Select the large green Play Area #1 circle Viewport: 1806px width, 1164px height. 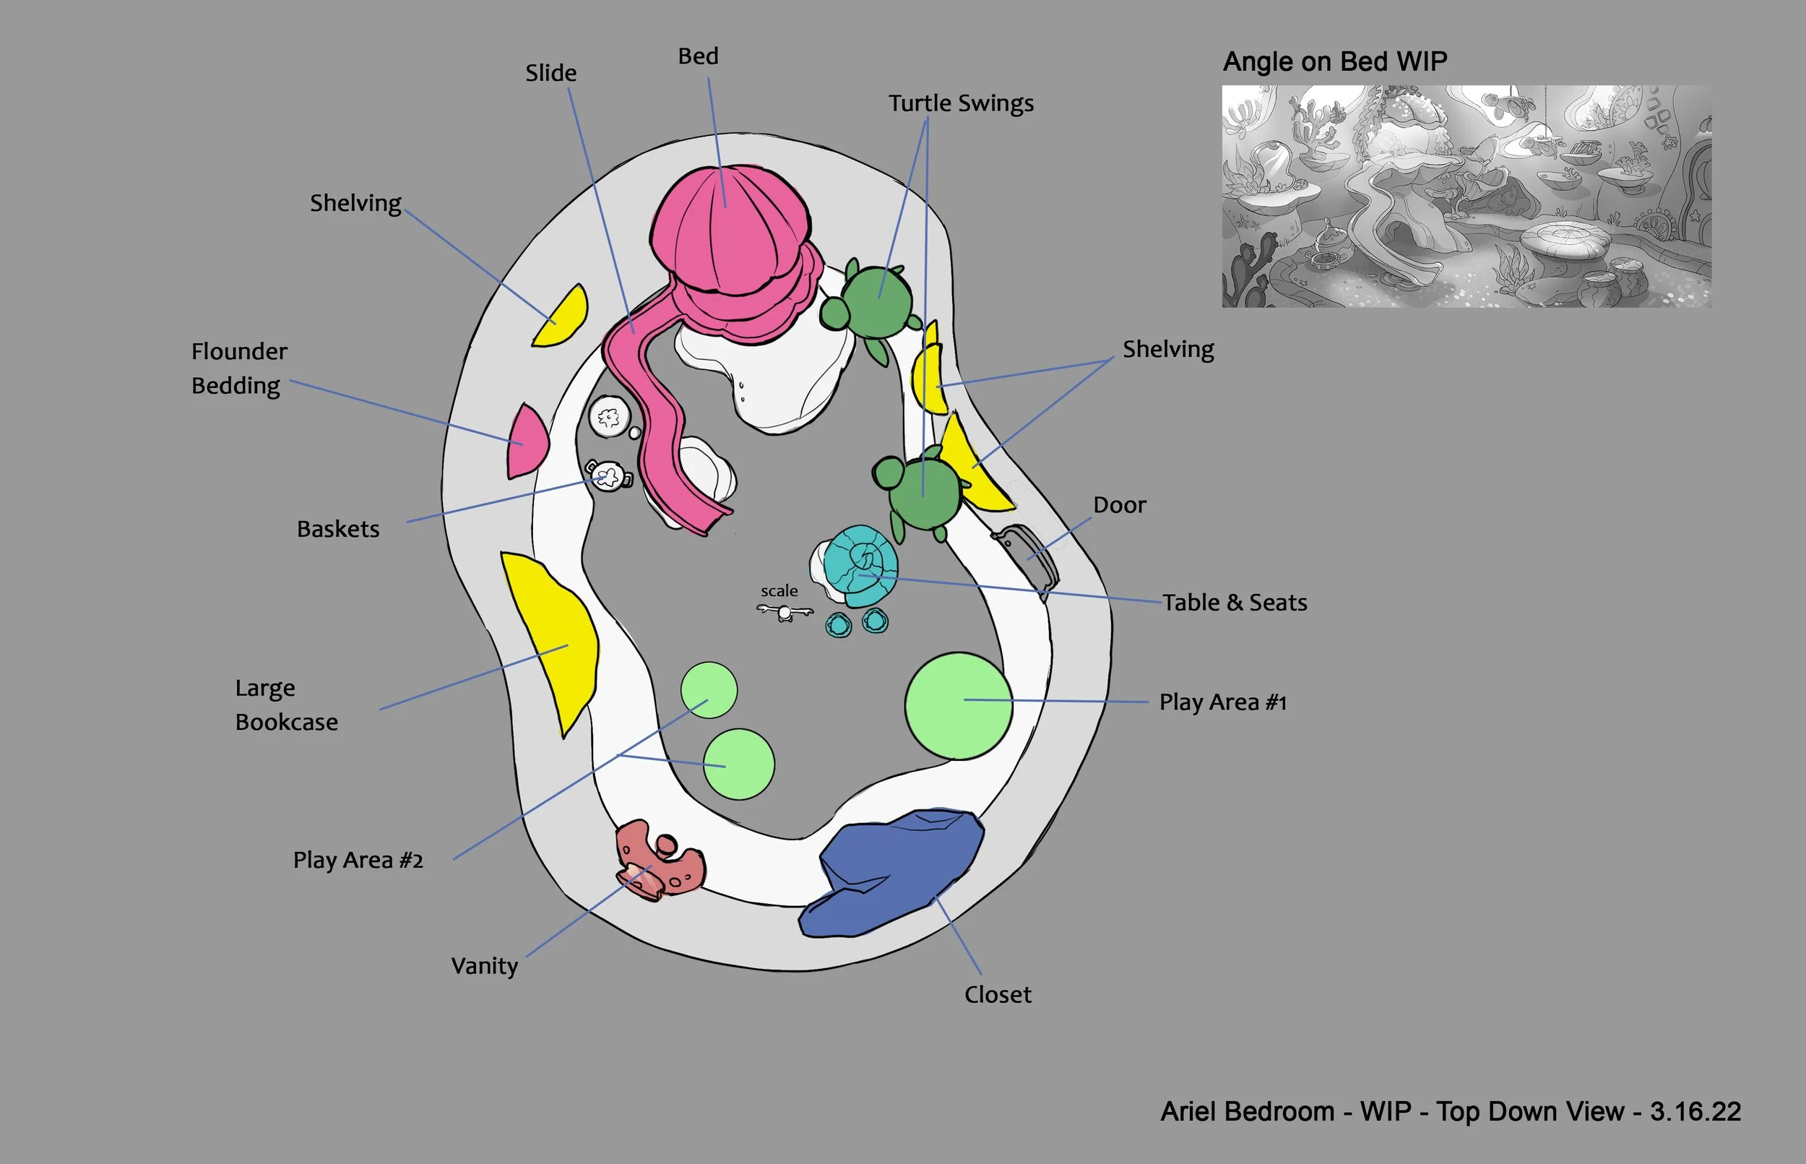coord(958,706)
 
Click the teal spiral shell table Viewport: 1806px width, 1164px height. coord(860,565)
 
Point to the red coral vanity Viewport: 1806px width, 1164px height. coord(659,862)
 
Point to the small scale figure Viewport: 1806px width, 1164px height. coord(785,611)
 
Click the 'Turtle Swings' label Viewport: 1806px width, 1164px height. coord(960,103)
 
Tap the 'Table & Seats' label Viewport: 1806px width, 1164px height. coord(1234,603)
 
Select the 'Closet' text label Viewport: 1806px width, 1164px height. coord(998,995)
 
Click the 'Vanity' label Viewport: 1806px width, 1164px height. coord(485,966)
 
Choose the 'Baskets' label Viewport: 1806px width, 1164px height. coord(338,529)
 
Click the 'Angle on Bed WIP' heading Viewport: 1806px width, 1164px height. coord(1334,61)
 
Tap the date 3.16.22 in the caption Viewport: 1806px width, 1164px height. coord(1695,1112)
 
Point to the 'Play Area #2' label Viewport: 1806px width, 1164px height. coord(358,860)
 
